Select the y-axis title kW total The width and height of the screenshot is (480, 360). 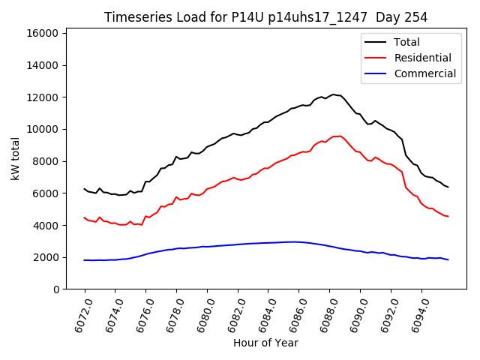(16, 158)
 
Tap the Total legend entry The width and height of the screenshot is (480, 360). (407, 42)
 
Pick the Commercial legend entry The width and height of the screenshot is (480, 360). (424, 73)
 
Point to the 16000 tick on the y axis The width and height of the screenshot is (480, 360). (43, 33)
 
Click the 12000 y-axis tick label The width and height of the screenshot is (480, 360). (43, 97)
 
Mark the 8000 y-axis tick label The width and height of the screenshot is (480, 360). (46, 161)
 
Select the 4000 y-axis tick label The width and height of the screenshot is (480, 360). (46, 225)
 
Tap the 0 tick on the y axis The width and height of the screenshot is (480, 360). (55, 289)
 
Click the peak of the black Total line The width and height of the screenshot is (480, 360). (334, 94)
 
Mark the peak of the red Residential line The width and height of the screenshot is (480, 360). (340, 136)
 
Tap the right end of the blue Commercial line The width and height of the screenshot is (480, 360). (448, 259)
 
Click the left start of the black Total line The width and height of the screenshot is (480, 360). (84, 189)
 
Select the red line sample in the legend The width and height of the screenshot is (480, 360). (376, 58)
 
